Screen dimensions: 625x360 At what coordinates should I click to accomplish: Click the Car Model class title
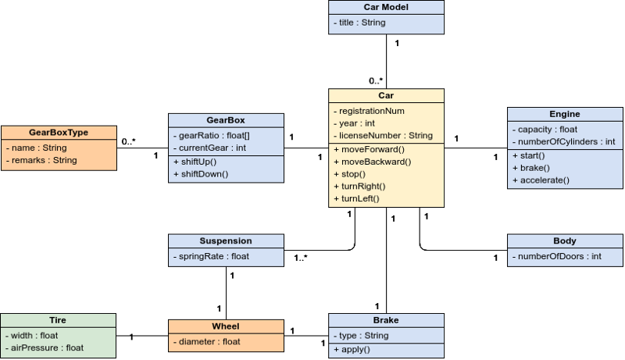coord(386,7)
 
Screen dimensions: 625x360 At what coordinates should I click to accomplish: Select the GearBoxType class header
coord(59,133)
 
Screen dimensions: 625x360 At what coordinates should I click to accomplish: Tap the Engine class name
coord(565,114)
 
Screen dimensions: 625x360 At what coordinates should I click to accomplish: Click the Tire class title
coord(58,320)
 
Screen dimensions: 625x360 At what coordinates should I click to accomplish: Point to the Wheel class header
coord(226,326)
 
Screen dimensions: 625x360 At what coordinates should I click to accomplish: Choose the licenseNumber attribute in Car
coord(383,136)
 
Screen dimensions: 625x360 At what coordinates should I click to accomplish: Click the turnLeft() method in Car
coord(356,198)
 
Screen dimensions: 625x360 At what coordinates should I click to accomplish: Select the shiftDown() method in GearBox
coord(201,174)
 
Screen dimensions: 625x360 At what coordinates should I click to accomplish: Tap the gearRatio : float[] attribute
coord(212,136)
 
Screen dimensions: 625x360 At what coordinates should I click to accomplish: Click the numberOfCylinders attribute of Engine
coord(563,142)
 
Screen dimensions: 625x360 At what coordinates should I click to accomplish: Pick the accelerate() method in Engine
coord(541,180)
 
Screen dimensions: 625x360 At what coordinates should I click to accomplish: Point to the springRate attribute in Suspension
coord(211,256)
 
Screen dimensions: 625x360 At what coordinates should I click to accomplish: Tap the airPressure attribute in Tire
coord(45,348)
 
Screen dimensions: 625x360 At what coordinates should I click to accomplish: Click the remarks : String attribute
coord(41,161)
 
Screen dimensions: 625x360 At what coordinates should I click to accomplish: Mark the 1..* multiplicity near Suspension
coord(301,258)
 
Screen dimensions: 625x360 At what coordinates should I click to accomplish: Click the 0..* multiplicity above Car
coord(376,81)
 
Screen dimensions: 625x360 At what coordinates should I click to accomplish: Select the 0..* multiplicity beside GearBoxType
coord(128,141)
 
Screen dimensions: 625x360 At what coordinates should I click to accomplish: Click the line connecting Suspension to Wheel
coord(226,293)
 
